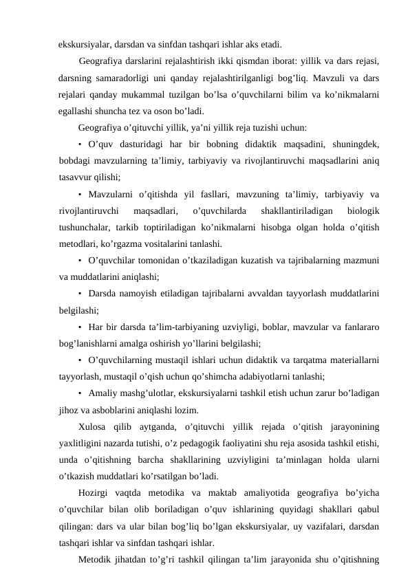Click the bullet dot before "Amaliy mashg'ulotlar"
click(x=80, y=393)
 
